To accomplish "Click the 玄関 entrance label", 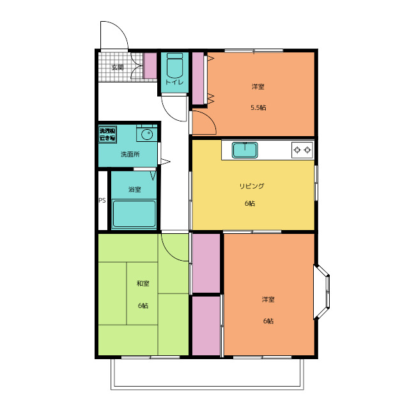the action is [x=118, y=67].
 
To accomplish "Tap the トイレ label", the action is [x=174, y=82].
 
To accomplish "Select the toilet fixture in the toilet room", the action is [x=174, y=65].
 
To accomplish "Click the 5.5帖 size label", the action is [x=258, y=107].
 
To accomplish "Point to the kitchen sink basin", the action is [x=245, y=150].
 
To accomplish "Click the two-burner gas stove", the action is [x=302, y=150].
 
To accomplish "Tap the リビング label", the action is [x=252, y=186].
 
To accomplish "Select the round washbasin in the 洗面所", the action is [x=147, y=135].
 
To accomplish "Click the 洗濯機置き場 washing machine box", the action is [x=107, y=135].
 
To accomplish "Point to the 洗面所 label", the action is [x=130, y=154].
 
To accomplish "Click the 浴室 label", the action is [x=135, y=189].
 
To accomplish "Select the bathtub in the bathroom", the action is [x=134, y=214].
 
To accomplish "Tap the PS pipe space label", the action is [x=102, y=200].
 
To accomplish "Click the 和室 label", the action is [x=143, y=283].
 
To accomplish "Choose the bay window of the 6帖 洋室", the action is [x=322, y=292].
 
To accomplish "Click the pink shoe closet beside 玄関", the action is [x=150, y=66].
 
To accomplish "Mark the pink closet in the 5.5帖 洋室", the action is [x=198, y=78].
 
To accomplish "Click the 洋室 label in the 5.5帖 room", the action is [x=258, y=86].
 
